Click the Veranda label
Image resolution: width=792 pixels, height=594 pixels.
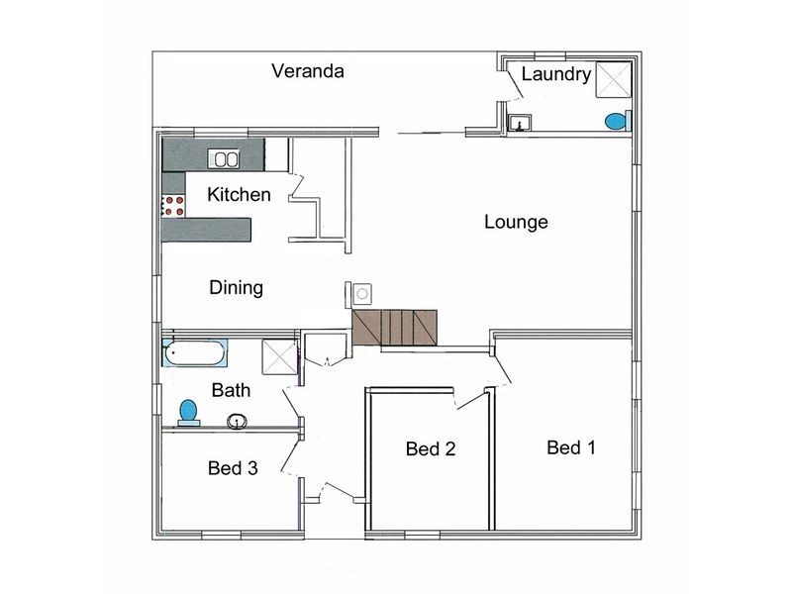pos(308,71)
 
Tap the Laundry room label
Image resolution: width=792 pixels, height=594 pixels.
pos(555,74)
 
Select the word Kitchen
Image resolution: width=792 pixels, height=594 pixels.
pos(239,195)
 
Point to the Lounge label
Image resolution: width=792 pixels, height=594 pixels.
pos(516,223)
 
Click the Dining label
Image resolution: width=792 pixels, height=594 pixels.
pos(236,288)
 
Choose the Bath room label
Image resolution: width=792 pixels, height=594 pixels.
pos(231,391)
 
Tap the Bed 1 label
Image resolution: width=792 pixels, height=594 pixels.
pos(571,447)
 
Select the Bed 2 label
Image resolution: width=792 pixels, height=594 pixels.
pos(431,449)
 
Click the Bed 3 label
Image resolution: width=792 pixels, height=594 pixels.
pos(234,468)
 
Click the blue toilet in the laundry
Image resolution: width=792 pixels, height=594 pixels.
pos(616,122)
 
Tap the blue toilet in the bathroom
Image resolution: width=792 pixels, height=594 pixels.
pos(188,411)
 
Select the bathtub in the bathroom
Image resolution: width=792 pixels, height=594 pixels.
pos(196,352)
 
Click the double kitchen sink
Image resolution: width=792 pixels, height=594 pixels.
pos(225,158)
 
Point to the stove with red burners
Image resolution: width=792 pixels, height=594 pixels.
pos(174,206)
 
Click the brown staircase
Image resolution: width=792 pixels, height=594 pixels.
pos(395,327)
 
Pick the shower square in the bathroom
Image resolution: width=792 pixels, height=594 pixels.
pos(279,355)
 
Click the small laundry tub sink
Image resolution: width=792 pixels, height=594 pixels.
pos(519,124)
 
